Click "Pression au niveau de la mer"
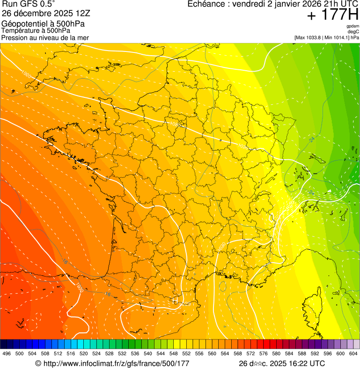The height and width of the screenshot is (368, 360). [x=45, y=37]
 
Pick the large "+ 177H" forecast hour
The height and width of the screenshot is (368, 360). [x=332, y=15]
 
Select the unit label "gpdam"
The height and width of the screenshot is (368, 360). [x=353, y=26]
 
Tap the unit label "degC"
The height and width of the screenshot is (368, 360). [x=353, y=32]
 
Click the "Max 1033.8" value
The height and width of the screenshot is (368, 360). [x=309, y=37]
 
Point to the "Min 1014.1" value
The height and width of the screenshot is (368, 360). [x=337, y=37]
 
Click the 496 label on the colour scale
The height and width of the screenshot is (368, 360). [x=7, y=353]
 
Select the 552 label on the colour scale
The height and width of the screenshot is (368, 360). [x=186, y=353]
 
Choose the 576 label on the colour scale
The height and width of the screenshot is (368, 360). [x=263, y=353]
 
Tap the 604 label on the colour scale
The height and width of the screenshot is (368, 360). [x=353, y=353]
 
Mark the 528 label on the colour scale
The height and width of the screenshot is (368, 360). [x=109, y=353]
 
